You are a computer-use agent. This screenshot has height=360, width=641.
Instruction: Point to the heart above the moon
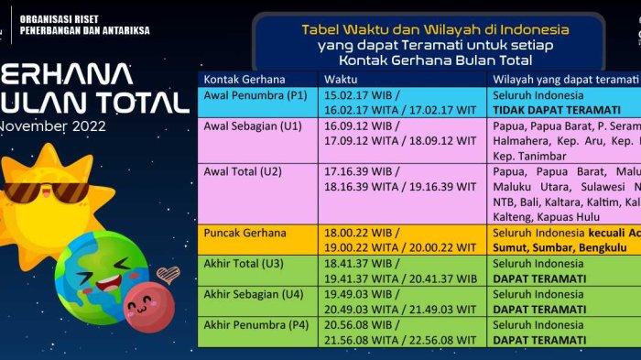pos(167,273)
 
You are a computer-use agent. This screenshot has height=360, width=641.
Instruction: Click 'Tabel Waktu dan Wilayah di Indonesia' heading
pos(429,29)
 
